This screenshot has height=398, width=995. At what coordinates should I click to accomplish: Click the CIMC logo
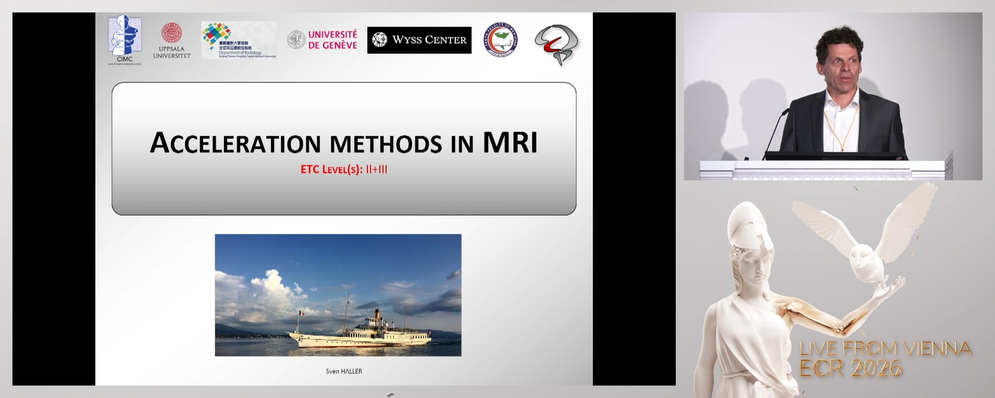click(x=124, y=39)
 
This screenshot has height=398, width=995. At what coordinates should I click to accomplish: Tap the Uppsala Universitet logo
click(x=172, y=40)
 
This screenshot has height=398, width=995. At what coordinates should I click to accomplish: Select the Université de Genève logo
click(x=322, y=40)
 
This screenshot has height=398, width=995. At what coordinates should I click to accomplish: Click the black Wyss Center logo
click(x=419, y=40)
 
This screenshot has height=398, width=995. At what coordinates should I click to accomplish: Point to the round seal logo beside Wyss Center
click(x=500, y=40)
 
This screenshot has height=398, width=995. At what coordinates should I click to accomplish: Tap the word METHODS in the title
click(x=386, y=145)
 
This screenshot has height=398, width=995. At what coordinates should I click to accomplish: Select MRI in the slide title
click(x=510, y=143)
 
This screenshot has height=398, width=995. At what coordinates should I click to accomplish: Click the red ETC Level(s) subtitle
click(x=344, y=169)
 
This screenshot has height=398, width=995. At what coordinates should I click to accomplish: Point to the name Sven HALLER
click(x=344, y=372)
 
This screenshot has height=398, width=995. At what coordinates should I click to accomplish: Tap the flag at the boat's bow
click(x=299, y=314)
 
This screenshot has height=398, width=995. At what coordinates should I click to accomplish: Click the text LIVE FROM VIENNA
click(x=885, y=349)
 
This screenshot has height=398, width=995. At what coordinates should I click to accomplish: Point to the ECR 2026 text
click(x=850, y=368)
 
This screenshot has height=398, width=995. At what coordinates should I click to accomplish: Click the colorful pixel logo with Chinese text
click(x=239, y=40)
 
